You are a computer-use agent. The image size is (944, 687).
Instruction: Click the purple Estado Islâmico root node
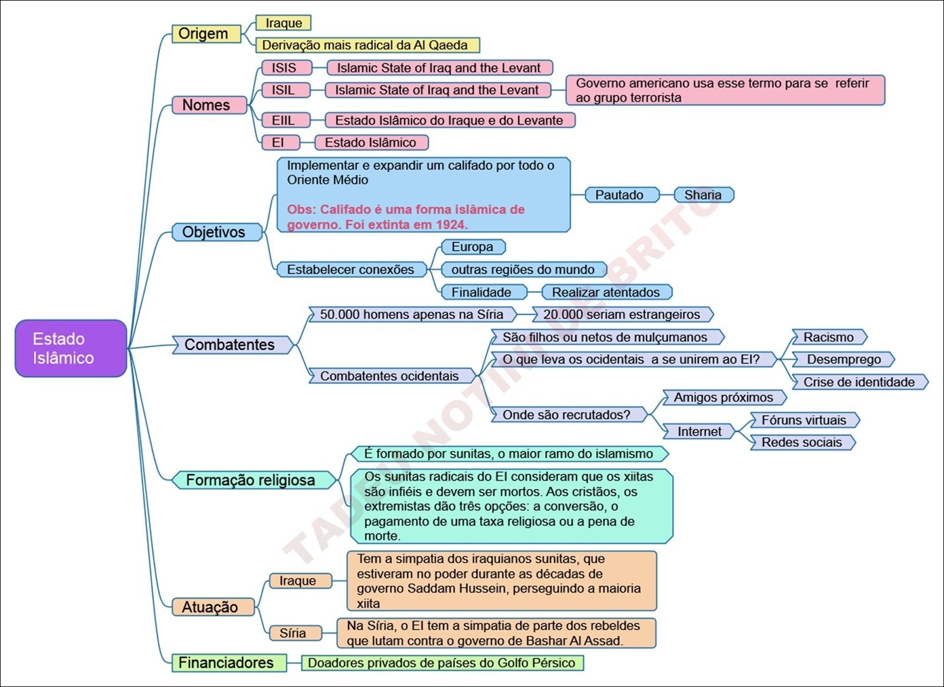(71, 348)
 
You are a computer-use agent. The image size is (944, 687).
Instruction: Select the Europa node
(473, 247)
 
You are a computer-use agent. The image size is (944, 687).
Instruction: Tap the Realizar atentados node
(607, 292)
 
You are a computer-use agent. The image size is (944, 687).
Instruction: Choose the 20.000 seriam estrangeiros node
(622, 315)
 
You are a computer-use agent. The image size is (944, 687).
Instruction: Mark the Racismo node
(828, 337)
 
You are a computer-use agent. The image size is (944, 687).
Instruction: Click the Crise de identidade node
(859, 382)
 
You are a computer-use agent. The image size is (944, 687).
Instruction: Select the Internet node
(699, 431)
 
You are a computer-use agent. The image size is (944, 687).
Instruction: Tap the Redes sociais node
(802, 442)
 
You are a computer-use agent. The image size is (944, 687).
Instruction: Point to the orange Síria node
(294, 633)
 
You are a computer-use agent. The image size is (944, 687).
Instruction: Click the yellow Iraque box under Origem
(283, 23)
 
